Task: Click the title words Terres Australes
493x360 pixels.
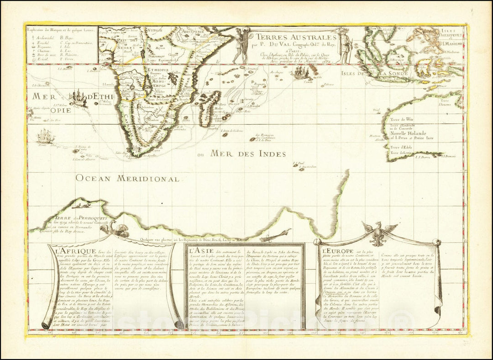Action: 296,37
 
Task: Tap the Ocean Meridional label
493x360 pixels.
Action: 127,178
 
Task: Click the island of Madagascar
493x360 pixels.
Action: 210,108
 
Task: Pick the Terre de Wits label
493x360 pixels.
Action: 401,119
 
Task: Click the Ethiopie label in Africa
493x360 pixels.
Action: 158,70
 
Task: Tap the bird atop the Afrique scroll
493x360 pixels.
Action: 114,229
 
